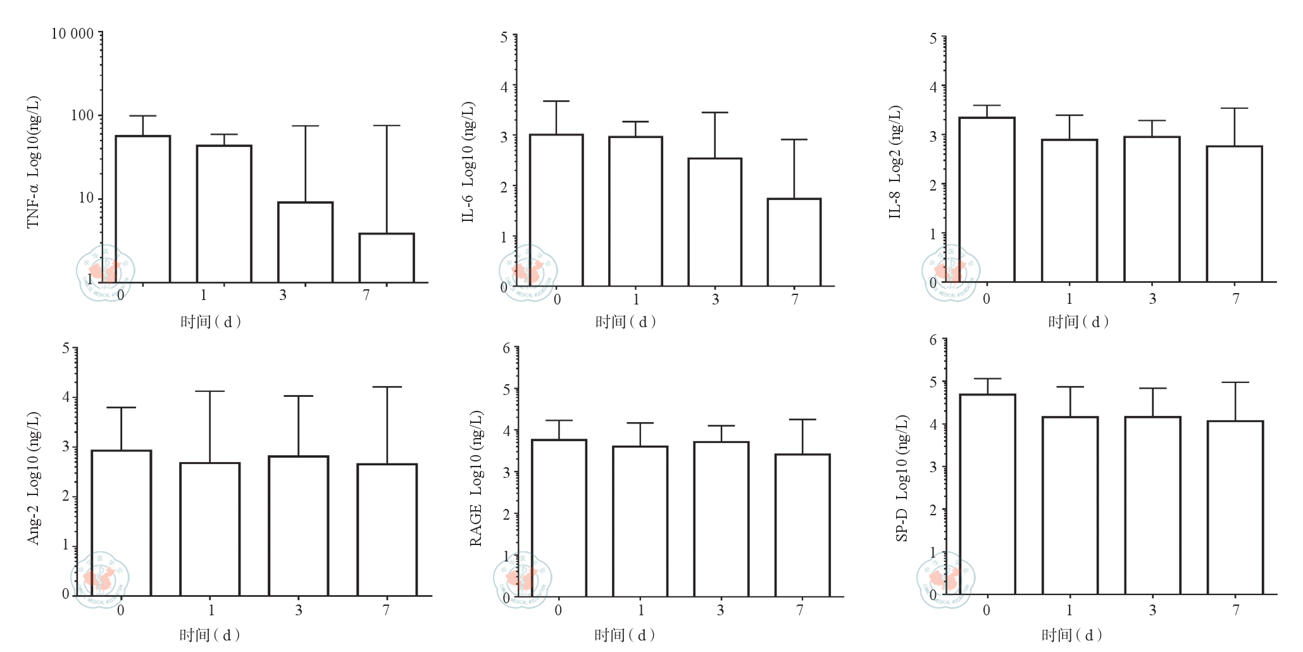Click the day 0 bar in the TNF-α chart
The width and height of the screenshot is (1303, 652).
[x=143, y=209]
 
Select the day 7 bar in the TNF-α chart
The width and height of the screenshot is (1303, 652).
[x=387, y=258]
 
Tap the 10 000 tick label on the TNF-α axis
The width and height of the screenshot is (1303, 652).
[x=72, y=34]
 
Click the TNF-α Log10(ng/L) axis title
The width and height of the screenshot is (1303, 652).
[x=34, y=162]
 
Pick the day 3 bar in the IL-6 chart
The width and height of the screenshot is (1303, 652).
[x=715, y=222]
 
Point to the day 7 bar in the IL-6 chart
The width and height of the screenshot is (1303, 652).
[x=794, y=242]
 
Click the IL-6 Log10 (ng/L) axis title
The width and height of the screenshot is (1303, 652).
[x=468, y=162]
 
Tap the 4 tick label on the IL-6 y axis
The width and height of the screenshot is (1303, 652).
[x=504, y=87]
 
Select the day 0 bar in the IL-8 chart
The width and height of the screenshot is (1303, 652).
[x=987, y=199]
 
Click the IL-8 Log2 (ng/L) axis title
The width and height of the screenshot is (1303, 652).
[x=895, y=162]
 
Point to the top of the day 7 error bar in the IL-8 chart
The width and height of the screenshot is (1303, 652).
[x=1235, y=109]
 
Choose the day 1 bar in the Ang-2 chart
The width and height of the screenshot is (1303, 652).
[x=210, y=529]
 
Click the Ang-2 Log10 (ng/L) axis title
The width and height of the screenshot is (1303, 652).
[x=34, y=478]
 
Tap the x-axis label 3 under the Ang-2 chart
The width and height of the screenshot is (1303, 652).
[x=299, y=610]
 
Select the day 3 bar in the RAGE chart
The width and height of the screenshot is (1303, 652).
[x=721, y=519]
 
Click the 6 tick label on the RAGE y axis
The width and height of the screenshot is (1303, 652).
[x=506, y=348]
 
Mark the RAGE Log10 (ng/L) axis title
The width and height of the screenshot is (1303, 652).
[x=476, y=478]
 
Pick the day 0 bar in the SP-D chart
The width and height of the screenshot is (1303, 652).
[x=988, y=494]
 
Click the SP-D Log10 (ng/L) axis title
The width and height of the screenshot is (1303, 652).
[x=902, y=478]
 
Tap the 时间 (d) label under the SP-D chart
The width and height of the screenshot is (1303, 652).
[x=1071, y=635]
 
